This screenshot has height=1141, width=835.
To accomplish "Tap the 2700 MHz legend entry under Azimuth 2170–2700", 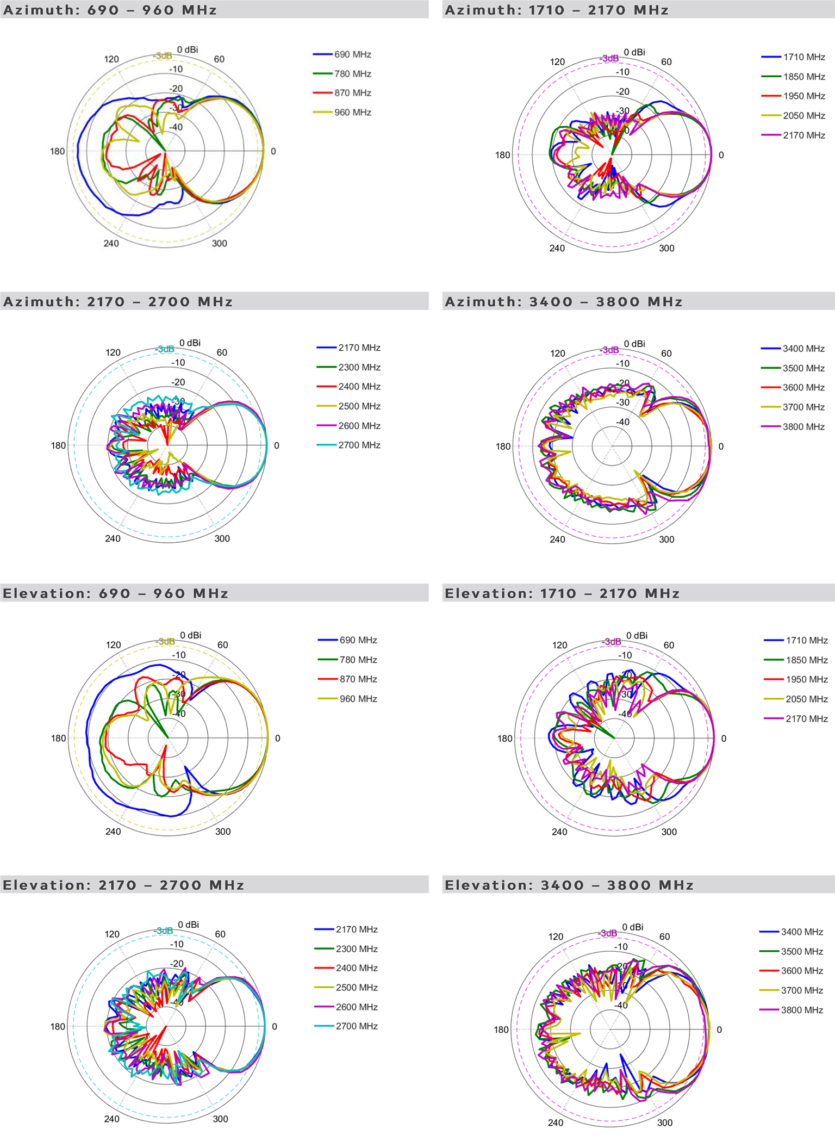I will [359, 445].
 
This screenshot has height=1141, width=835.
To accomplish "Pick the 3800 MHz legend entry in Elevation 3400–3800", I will [802, 1010].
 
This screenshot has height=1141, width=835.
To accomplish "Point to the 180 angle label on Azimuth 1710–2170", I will [502, 155].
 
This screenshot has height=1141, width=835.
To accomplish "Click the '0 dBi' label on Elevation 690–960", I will [190, 635].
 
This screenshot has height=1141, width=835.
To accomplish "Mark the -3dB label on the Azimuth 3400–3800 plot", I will [609, 350].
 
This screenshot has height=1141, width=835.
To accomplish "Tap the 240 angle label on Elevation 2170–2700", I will [112, 1119].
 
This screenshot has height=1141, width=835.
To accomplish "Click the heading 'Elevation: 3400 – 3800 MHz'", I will [569, 885].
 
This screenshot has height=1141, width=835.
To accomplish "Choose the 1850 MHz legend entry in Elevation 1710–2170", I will [806, 660].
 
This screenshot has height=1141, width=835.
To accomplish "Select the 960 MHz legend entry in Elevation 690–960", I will [358, 699].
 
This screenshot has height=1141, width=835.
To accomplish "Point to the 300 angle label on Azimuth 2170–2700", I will [222, 538].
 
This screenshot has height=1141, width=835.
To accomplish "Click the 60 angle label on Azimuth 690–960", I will [219, 59].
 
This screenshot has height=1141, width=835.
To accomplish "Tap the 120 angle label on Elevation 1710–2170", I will [559, 645].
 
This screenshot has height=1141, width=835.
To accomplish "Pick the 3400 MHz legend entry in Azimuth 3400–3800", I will [803, 349].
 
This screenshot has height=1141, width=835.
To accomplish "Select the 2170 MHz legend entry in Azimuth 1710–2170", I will [804, 135].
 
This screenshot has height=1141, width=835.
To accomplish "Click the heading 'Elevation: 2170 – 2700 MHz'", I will [123, 885].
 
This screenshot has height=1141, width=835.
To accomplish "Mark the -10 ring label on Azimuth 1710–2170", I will [622, 72].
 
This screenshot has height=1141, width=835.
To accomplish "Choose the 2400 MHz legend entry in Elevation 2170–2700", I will [357, 968].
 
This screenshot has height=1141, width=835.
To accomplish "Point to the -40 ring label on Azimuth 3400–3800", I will [622, 422].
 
